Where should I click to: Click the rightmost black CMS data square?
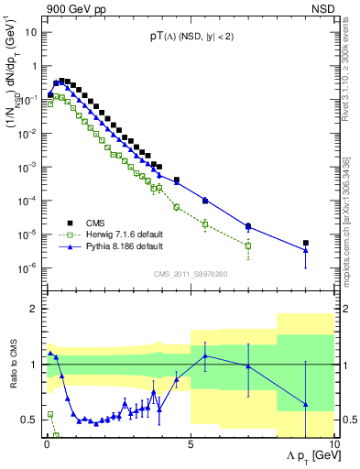[306, 243]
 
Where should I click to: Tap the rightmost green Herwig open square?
[248, 245]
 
